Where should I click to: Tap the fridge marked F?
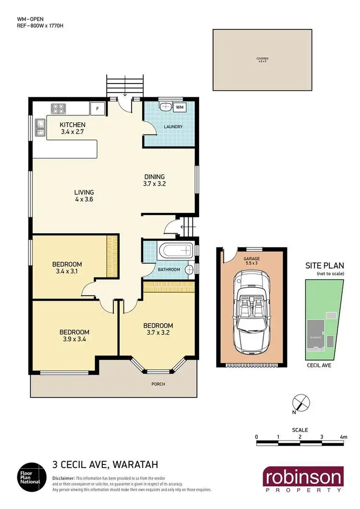98,108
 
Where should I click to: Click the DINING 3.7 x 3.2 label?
154,179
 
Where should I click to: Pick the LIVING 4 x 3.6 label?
84,195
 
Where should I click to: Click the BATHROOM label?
169,270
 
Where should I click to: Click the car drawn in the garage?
248,310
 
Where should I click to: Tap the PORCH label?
158,384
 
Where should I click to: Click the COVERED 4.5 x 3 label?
262,60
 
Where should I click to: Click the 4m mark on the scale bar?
343,437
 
